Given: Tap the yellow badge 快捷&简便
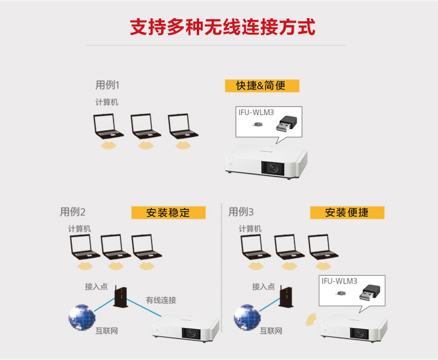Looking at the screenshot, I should [x=262, y=86].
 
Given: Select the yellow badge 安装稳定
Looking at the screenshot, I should [x=168, y=212].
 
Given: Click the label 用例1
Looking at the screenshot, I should [x=107, y=85].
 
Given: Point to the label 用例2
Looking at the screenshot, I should [x=72, y=212].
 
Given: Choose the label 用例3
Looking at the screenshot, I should [x=241, y=212].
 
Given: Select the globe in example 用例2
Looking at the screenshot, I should [x=81, y=317].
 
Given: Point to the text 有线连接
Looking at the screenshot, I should [x=161, y=300].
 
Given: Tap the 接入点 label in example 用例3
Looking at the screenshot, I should [x=263, y=286].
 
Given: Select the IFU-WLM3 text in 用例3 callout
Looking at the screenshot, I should [x=339, y=281].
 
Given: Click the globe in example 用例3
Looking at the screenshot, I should [x=246, y=317].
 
